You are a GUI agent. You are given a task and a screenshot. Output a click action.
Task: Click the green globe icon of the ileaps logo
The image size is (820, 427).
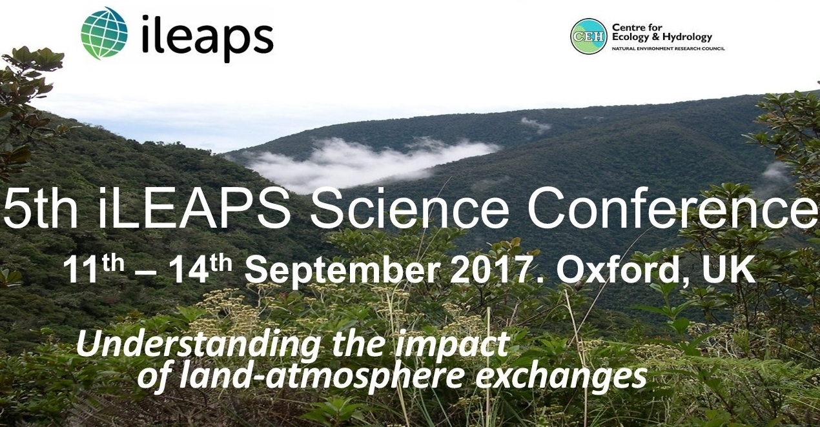pyautogui.click(x=105, y=33)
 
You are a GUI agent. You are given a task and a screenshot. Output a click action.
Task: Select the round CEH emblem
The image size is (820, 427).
pyautogui.click(x=589, y=36)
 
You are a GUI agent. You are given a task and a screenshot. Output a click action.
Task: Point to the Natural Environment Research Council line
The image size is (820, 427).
pyautogui.click(x=668, y=48)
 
